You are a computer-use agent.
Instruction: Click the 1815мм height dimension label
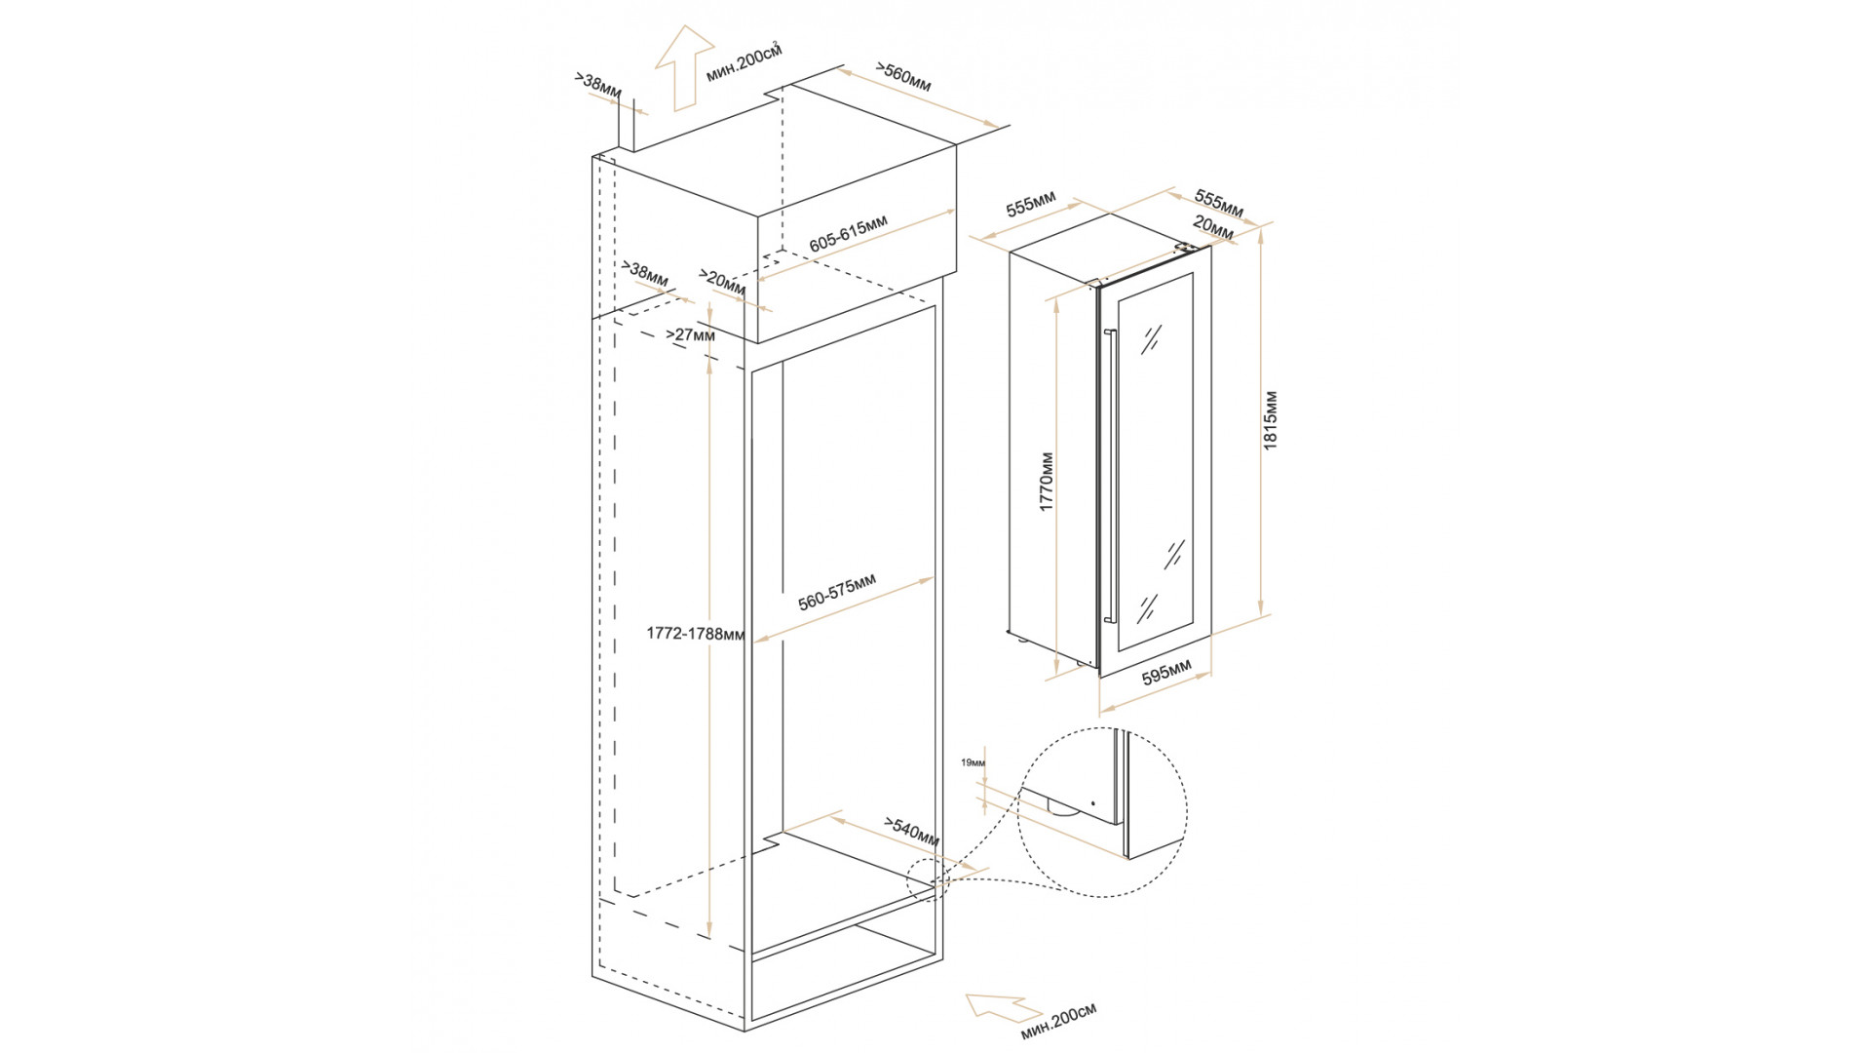1271,420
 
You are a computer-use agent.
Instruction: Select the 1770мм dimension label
1047,482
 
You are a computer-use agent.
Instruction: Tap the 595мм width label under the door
1166,673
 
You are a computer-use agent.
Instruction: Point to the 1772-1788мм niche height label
695,634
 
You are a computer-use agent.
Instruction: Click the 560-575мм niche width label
837,592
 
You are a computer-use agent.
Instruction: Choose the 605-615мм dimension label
849,234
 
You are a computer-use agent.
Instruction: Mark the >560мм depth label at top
903,78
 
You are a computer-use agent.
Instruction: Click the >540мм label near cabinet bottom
912,831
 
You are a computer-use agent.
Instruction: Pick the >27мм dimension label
690,335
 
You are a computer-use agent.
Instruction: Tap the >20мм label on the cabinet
722,283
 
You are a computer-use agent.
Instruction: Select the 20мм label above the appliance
1213,229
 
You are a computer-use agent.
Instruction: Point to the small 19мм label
973,762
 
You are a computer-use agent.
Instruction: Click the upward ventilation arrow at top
684,66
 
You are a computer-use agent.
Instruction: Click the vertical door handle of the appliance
1109,476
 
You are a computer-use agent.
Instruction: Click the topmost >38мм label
598,85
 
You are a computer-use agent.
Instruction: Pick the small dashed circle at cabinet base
927,881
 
